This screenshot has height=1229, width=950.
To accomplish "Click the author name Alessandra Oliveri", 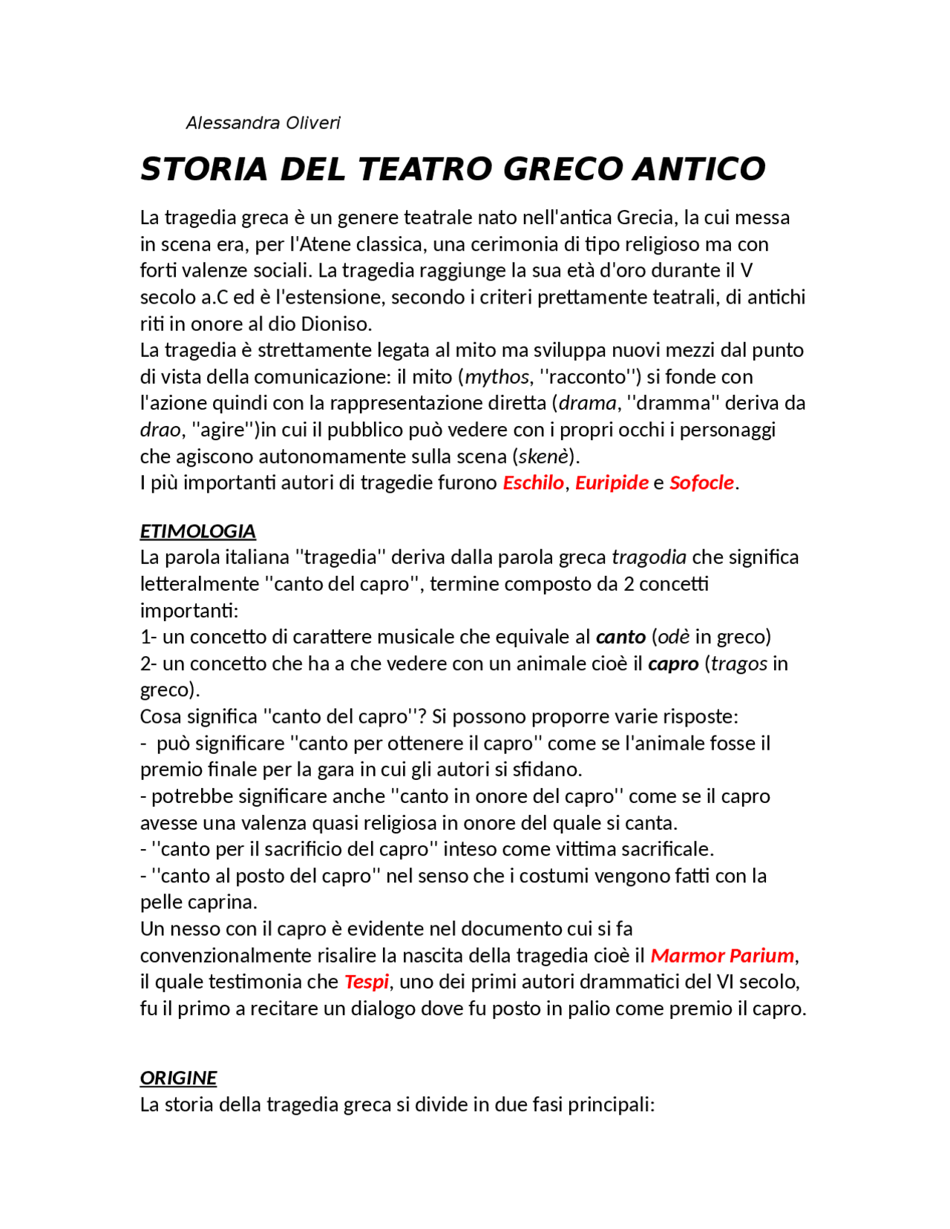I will click(263, 123).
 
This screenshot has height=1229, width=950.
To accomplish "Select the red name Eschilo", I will click(533, 483).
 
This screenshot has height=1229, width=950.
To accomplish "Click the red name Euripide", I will click(612, 483).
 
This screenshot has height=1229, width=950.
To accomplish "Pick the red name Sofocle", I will click(701, 483).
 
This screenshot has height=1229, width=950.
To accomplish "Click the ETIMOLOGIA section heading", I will click(197, 531).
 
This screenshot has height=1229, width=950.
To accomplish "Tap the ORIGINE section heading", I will click(178, 1078).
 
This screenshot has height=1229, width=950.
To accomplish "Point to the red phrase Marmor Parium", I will click(722, 956).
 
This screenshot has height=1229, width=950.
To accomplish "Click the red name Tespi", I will click(367, 983).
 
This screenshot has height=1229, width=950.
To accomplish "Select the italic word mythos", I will click(497, 377).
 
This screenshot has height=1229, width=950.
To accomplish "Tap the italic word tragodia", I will click(649, 557).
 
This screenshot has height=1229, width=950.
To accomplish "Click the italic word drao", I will click(160, 430).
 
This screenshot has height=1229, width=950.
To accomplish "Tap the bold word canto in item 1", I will click(620, 637).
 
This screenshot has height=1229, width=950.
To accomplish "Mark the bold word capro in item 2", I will click(673, 663).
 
